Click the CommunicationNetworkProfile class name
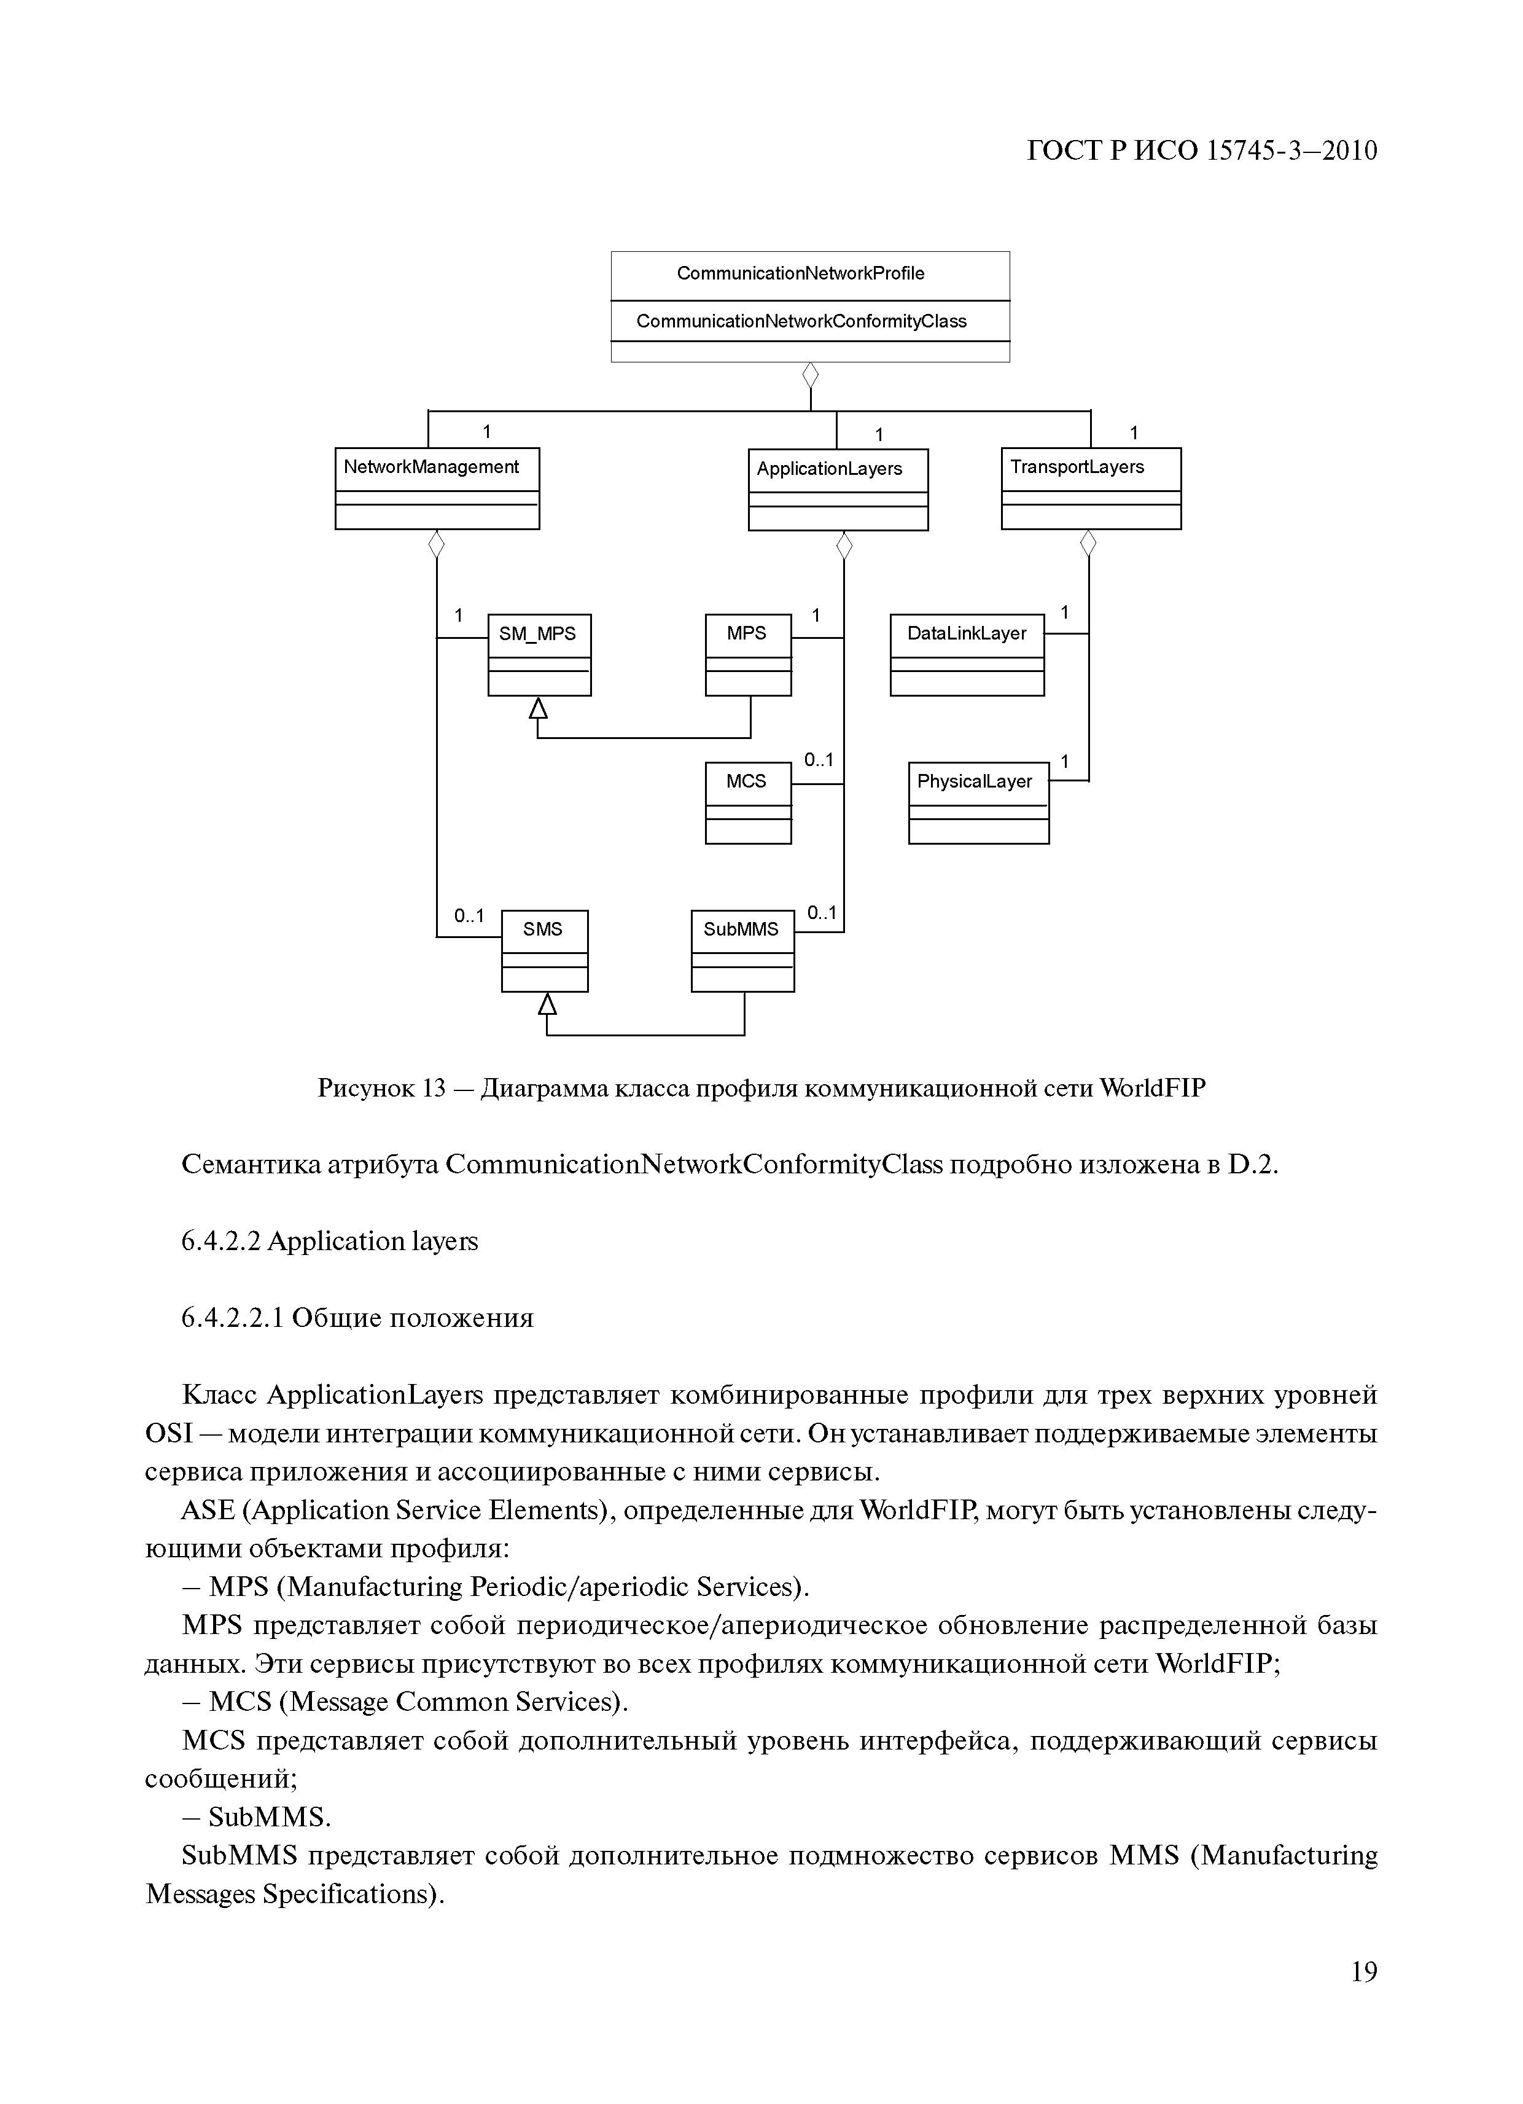coord(800,273)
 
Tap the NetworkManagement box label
coord(431,467)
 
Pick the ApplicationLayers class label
coord(829,469)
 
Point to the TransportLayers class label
coord(1077,467)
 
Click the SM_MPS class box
coord(539,654)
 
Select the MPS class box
coord(747,654)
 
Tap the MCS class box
coord(747,802)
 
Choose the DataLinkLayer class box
coord(967,654)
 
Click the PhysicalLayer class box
coord(978,802)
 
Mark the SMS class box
coord(545,951)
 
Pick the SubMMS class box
coord(742,951)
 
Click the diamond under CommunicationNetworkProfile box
coord(811,376)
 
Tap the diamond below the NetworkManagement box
coord(436,544)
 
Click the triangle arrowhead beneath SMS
coord(547,1004)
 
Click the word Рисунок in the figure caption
coord(365,1088)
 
